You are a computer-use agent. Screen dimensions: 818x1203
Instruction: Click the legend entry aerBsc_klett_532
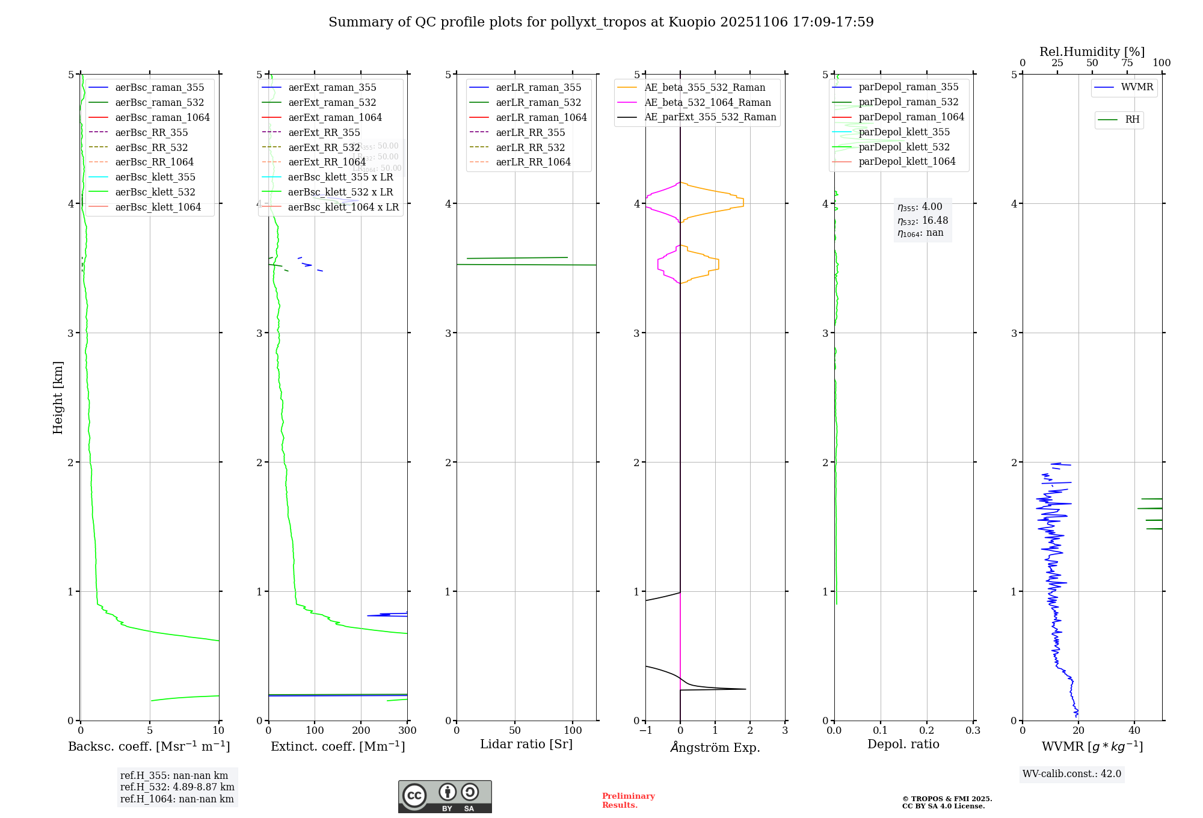click(x=155, y=192)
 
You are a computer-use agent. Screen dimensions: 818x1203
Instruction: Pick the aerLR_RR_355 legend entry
click(x=530, y=133)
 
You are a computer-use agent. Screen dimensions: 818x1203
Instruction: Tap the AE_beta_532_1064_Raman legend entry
click(x=707, y=103)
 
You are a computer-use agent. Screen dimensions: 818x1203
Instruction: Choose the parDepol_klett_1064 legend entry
click(x=906, y=162)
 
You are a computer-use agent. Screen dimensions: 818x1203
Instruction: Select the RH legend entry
click(x=1132, y=120)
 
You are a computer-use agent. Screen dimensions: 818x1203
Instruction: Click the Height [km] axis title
click(x=58, y=398)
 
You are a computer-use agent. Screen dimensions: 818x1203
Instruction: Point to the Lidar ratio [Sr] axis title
click(x=526, y=745)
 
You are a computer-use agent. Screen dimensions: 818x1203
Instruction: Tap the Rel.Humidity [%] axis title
click(x=1092, y=52)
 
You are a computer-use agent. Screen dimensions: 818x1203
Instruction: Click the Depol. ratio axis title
click(x=903, y=745)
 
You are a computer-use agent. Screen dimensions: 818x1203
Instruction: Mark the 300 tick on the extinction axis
click(x=407, y=731)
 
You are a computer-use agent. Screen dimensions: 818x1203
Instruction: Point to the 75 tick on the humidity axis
click(x=1127, y=63)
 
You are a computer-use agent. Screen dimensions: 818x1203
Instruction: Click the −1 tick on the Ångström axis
click(x=645, y=731)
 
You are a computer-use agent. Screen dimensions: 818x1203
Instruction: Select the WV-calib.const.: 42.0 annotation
click(x=1072, y=774)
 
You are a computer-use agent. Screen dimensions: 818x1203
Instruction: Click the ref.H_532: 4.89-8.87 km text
click(x=177, y=787)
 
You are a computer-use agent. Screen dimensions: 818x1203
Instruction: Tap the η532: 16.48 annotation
click(x=923, y=221)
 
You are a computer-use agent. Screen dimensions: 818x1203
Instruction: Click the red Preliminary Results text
click(x=628, y=801)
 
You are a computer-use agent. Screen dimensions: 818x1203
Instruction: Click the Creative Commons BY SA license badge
click(x=445, y=797)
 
